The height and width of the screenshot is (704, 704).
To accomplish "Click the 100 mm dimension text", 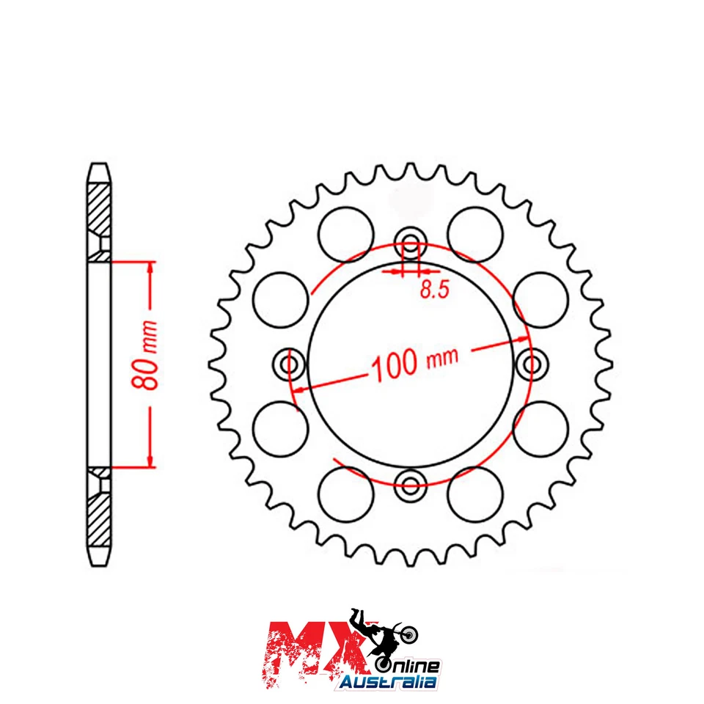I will point(415,362).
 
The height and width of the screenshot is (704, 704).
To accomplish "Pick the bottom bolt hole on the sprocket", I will point(409,483).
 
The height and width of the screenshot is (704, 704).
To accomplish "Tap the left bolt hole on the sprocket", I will point(290,363).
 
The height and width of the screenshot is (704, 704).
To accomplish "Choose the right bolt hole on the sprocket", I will point(529,363).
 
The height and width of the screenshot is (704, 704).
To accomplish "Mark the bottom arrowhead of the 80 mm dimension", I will point(150,459).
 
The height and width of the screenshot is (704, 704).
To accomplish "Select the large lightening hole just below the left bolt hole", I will point(279,428).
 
